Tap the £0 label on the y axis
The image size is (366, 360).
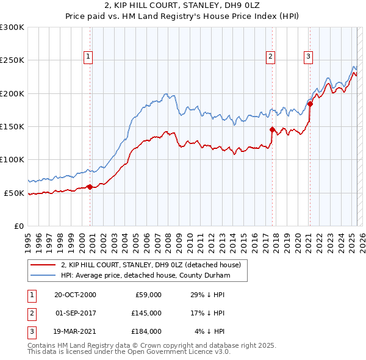pos(20,226)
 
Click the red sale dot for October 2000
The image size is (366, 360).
pos(90,187)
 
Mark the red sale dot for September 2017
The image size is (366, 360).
pos(272,129)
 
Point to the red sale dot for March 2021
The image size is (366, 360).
pos(310,104)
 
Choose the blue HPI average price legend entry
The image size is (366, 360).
pos(145,276)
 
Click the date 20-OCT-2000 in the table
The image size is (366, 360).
pos(75,295)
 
